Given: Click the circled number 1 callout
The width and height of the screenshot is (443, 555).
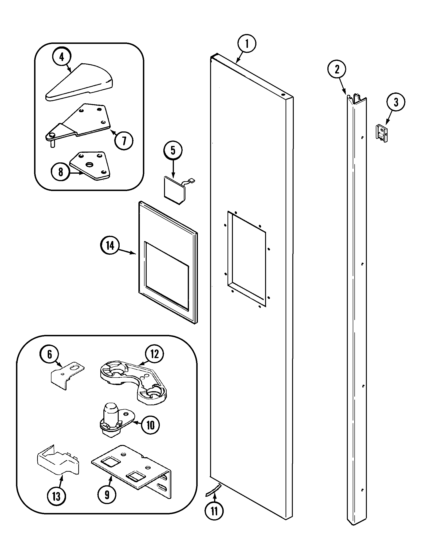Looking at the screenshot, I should [247, 43].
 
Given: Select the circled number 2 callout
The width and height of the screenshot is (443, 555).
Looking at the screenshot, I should [337, 69].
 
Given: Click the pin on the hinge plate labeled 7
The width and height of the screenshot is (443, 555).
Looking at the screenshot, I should [52, 143].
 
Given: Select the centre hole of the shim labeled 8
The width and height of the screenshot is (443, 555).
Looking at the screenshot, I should [90, 165].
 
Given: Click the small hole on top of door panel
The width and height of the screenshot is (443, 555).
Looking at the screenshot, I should [284, 95].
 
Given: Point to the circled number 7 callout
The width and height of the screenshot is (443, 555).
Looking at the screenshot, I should [124, 141].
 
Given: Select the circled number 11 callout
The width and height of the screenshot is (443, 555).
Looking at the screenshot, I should [214, 511].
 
